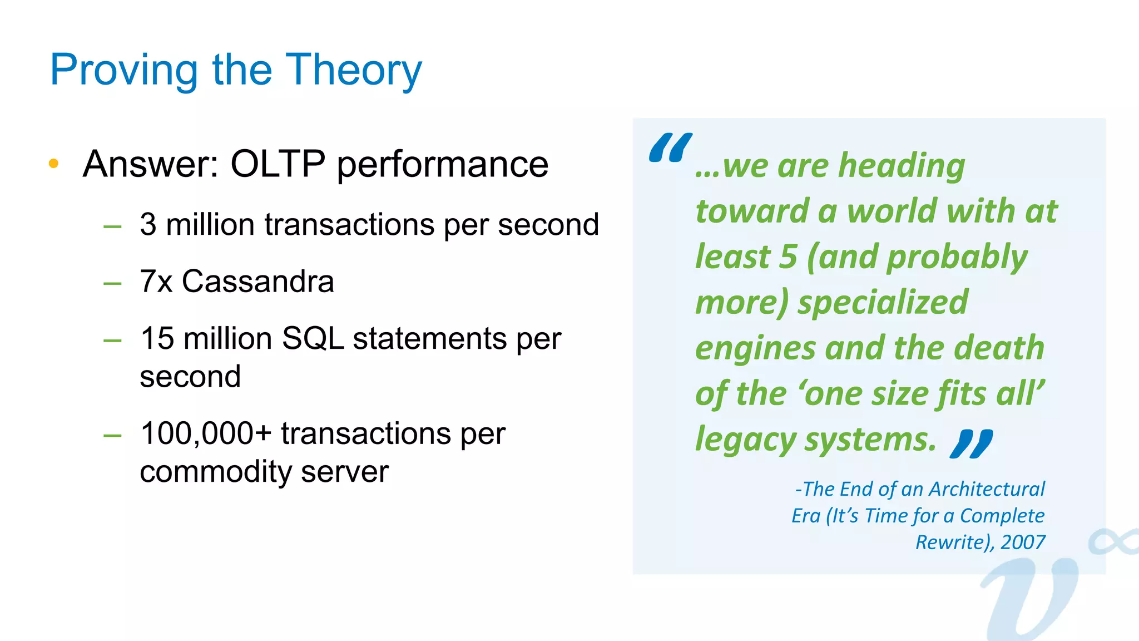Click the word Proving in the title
coord(123,70)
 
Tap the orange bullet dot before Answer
coord(53,163)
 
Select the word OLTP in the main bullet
coord(278,164)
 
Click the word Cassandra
coord(257,281)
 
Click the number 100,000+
coord(206,433)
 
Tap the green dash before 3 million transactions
coord(112,226)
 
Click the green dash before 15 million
coord(112,340)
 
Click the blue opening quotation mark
coord(670,147)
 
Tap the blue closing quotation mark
coord(972,443)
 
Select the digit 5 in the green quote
coord(788,257)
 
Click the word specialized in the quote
coord(883,303)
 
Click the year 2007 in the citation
coord(1023,542)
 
